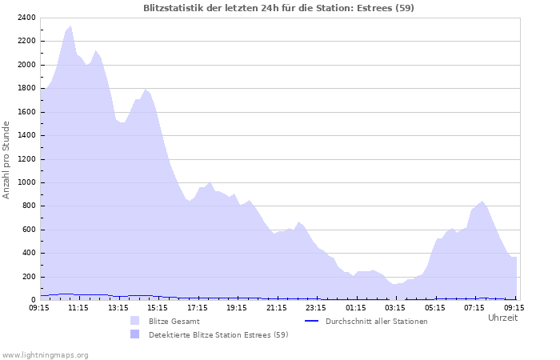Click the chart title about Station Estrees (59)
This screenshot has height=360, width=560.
point(278,8)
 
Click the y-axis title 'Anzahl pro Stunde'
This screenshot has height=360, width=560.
point(6,159)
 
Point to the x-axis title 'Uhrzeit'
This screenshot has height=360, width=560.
point(502,318)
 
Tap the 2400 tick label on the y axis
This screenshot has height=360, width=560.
point(25,18)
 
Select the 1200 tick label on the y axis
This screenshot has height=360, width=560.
point(25,159)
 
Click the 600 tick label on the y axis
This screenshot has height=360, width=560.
point(27,230)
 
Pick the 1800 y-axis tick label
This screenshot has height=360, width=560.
point(25,89)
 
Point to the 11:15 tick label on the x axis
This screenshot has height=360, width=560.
point(78,307)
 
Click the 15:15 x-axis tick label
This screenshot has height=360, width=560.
point(158,307)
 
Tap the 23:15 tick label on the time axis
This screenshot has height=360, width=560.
point(316,307)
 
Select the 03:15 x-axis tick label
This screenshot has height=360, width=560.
point(395,307)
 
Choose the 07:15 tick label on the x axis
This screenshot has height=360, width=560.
point(474,307)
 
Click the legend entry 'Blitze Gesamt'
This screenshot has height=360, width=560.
point(174,321)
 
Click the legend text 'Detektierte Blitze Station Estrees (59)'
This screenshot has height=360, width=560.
point(218,334)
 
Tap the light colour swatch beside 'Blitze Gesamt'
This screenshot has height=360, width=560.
point(134,321)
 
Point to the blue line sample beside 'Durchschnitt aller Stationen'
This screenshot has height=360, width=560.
point(312,321)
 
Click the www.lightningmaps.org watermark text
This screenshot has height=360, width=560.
point(45,354)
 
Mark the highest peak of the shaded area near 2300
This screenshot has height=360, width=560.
point(70,26)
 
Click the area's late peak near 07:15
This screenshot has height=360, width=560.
point(482,202)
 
